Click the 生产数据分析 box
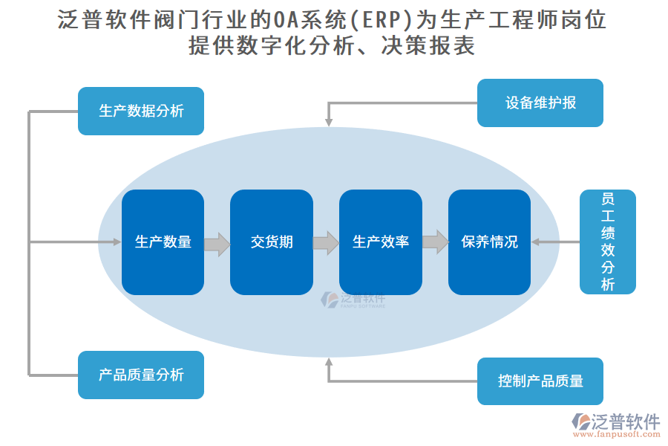tap(141, 111)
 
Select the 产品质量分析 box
tap(141, 375)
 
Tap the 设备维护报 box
tap(540, 103)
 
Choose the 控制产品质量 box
tap(540, 381)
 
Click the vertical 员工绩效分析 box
tap(608, 242)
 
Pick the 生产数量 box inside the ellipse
tap(163, 242)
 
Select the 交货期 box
tap(272, 242)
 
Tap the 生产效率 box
tap(381, 242)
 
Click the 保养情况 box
tap(489, 242)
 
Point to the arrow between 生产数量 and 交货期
tap(217, 243)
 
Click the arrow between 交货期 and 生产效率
tap(326, 243)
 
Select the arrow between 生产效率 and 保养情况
tap(436, 242)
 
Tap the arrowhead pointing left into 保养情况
tap(536, 242)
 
